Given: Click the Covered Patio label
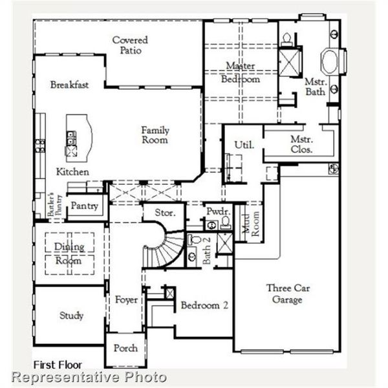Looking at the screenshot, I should click(130, 45).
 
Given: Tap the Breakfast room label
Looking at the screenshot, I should click(69, 85).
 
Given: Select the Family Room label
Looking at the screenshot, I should click(155, 135).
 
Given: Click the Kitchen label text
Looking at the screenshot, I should click(72, 172).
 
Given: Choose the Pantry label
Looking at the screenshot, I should click(85, 206).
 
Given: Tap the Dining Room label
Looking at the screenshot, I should click(69, 253).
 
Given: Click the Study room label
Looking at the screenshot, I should click(71, 316).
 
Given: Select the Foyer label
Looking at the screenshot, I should click(126, 300).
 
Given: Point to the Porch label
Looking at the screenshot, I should click(125, 348).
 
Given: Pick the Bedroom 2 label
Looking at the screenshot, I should click(204, 305).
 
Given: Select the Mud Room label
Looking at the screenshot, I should click(246, 223).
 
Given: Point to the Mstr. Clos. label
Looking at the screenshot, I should click(302, 144).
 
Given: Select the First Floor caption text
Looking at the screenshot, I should click(59, 365).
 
